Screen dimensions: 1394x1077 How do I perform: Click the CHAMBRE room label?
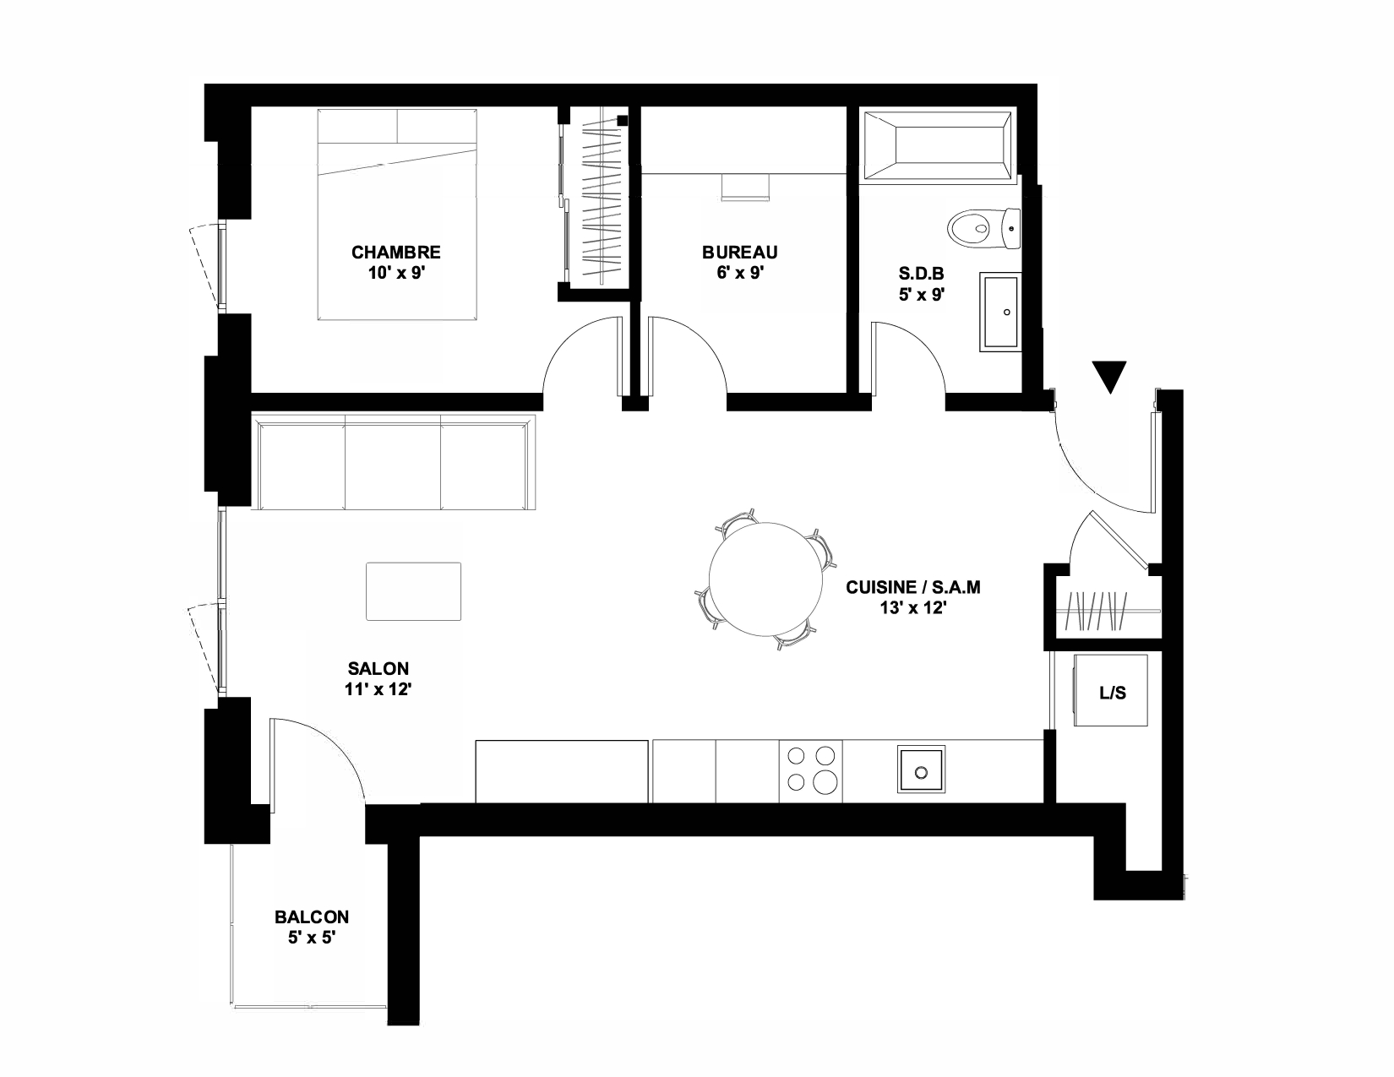[395, 252]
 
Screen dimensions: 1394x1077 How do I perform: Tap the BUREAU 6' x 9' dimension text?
[739, 273]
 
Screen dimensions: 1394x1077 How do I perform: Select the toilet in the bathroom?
[983, 228]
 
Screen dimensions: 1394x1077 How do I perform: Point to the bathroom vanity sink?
[1000, 312]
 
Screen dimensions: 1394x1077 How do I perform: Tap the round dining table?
[765, 579]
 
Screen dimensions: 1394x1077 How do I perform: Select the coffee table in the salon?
[413, 591]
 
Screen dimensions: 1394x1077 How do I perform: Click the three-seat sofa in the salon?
[393, 462]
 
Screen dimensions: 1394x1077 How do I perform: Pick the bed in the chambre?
[397, 215]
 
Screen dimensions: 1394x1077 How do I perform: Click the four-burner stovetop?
[811, 771]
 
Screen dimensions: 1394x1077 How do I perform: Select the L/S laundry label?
[1113, 693]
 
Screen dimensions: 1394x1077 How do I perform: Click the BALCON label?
[312, 917]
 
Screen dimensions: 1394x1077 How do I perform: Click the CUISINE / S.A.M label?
[913, 587]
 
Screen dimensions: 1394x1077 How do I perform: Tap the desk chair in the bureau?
[745, 188]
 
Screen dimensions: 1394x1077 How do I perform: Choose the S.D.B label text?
[921, 274]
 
